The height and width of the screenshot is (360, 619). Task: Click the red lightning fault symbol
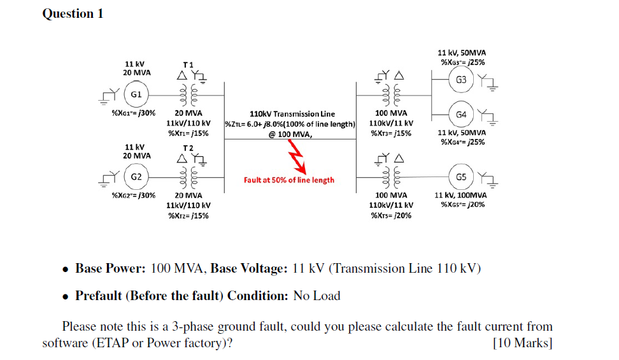(298, 162)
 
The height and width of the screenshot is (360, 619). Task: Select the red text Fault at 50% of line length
(288, 180)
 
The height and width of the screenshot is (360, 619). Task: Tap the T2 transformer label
(189, 146)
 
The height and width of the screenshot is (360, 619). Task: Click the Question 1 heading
(73, 13)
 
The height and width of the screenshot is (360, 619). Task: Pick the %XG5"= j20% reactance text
(462, 205)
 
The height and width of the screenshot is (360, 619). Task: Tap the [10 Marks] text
(523, 343)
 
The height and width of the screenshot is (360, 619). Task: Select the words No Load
(317, 296)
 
